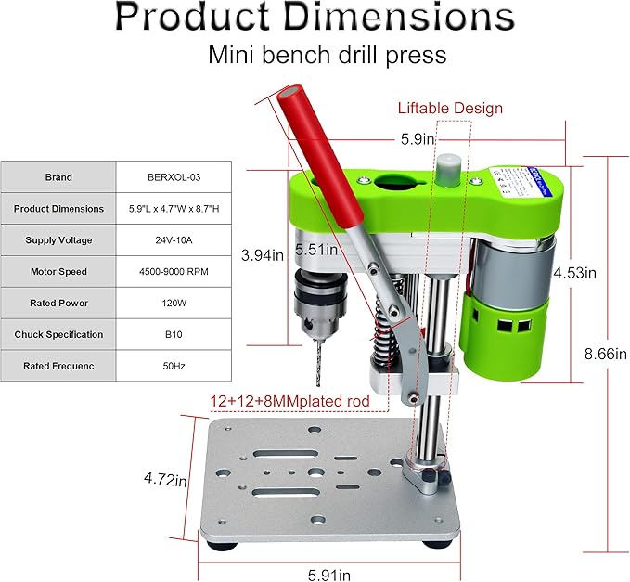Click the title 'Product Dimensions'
click(315, 19)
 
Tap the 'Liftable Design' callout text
click(450, 108)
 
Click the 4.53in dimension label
click(575, 273)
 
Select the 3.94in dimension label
click(262, 254)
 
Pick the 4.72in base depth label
click(166, 480)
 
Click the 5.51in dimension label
click(313, 250)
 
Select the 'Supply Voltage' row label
click(58, 240)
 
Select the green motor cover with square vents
click(509, 334)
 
